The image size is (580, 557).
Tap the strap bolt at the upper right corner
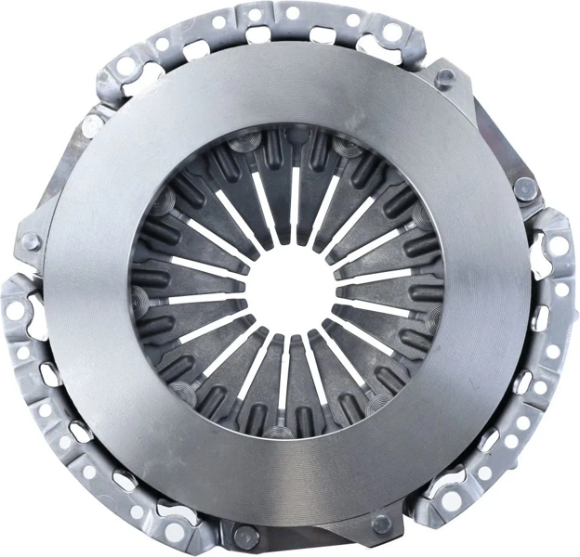(x=443, y=75)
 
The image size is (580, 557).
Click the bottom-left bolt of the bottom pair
(x=244, y=536)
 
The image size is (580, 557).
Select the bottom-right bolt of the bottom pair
(x=380, y=524)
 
